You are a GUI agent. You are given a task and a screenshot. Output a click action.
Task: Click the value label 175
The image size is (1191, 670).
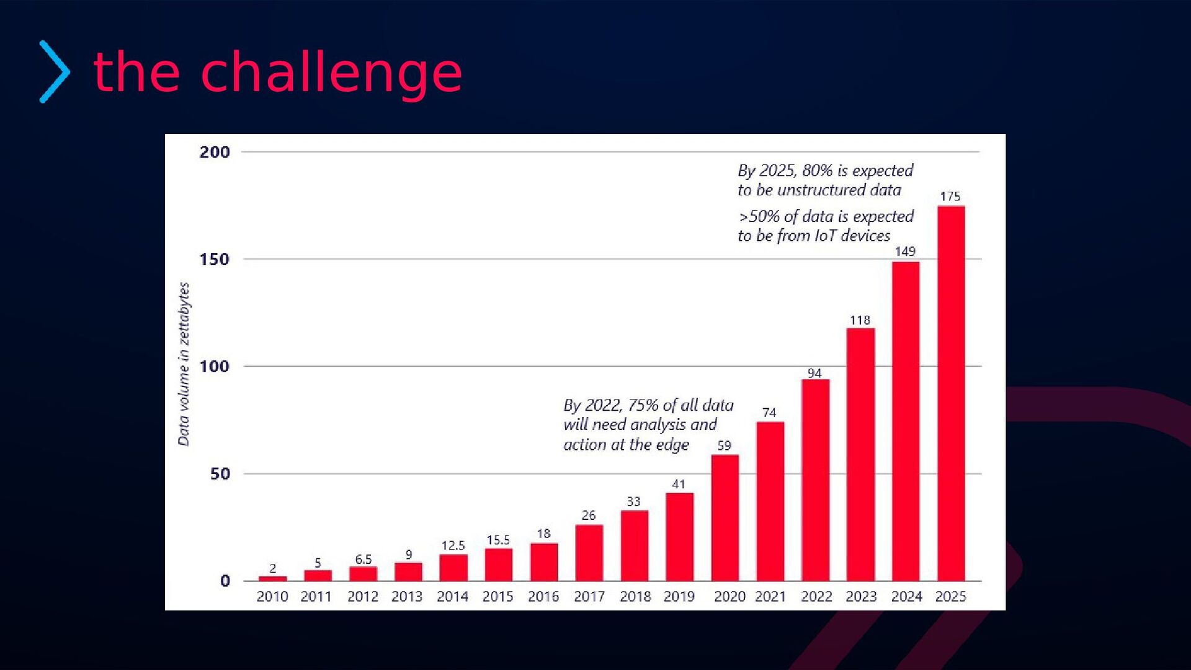[950, 197]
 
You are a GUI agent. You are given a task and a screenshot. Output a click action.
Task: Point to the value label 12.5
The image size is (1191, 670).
[453, 545]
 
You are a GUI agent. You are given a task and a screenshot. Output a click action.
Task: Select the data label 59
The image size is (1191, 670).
[724, 445]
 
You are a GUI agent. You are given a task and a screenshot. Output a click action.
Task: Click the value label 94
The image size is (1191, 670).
[814, 373]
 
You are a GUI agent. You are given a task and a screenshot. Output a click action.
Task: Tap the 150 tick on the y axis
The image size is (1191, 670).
[215, 259]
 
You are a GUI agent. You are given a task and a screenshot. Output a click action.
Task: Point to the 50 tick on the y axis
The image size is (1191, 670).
[220, 474]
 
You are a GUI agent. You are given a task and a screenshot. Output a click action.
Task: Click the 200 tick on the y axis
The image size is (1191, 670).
[215, 152]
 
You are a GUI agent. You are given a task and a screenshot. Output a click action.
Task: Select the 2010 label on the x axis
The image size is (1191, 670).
[272, 597]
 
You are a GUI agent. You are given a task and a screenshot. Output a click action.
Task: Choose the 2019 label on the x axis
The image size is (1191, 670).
[679, 597]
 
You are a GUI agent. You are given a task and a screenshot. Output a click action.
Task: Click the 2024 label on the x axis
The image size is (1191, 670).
[906, 597]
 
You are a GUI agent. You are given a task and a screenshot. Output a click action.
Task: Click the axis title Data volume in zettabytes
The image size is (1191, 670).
[184, 364]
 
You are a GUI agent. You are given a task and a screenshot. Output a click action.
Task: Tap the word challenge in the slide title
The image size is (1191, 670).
[331, 73]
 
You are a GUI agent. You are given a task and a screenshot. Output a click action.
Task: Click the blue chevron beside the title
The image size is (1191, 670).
[55, 72]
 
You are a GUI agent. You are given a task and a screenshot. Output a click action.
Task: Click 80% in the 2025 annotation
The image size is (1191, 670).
[817, 171]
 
